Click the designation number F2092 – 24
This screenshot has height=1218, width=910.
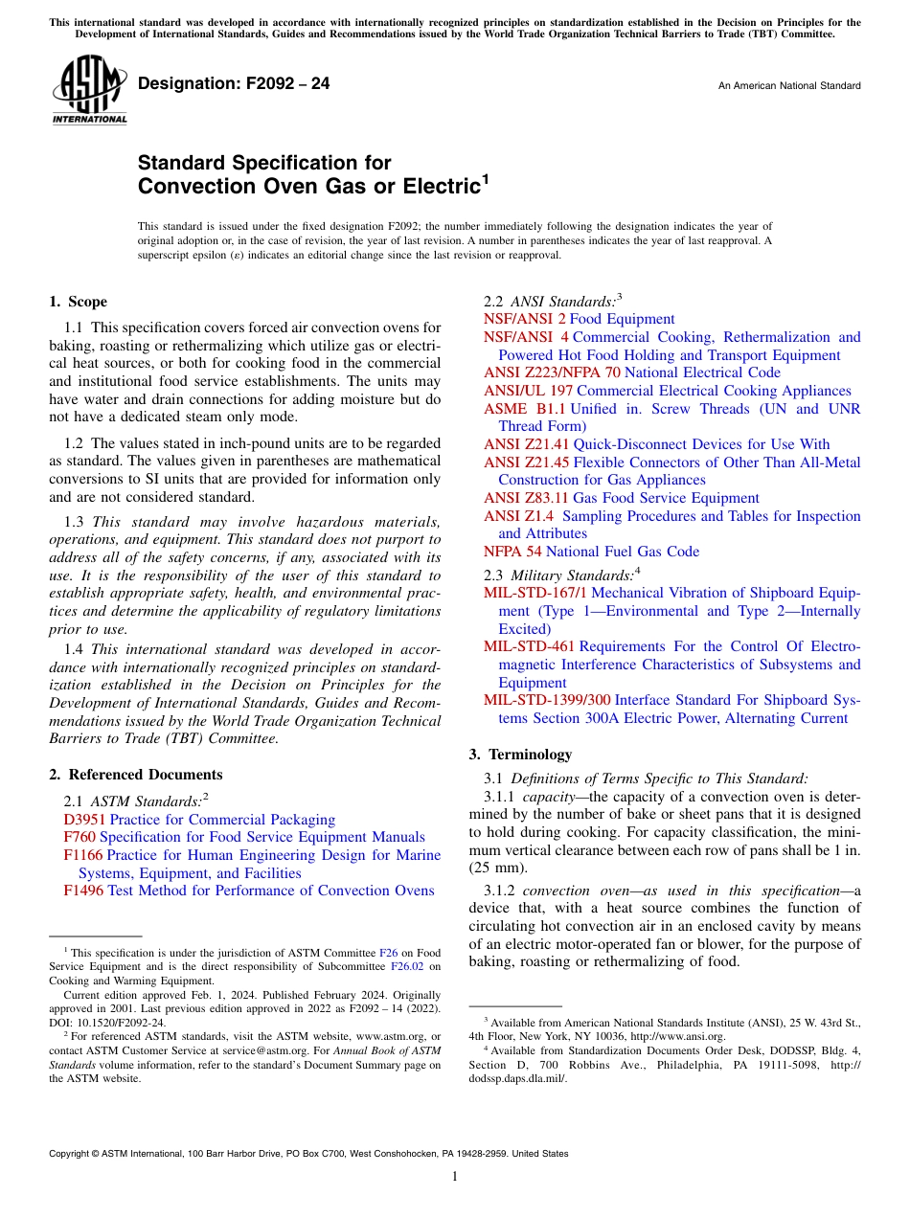point(234,84)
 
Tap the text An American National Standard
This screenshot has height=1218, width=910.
point(789,86)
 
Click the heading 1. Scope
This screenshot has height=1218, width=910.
point(78,302)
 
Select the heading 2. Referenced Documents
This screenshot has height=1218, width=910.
point(135,775)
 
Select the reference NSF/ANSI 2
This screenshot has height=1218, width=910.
point(524,319)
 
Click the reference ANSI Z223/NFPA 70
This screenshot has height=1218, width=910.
point(552,372)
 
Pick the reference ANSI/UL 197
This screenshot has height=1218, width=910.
point(528,391)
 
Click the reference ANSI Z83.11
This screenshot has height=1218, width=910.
point(526,498)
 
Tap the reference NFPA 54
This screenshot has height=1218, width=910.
point(512,552)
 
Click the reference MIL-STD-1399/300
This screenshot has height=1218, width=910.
point(547,700)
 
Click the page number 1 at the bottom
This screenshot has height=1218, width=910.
point(455,1176)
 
